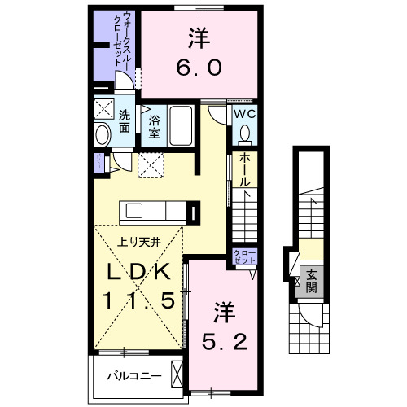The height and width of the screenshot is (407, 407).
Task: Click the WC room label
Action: point(245,115)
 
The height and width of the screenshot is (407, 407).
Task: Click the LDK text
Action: point(139,272)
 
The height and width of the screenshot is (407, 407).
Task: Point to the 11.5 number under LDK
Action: point(139,300)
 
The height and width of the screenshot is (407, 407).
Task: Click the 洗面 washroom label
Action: point(125,121)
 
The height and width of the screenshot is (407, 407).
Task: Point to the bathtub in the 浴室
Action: point(181,126)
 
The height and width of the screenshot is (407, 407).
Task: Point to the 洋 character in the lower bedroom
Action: point(222,310)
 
